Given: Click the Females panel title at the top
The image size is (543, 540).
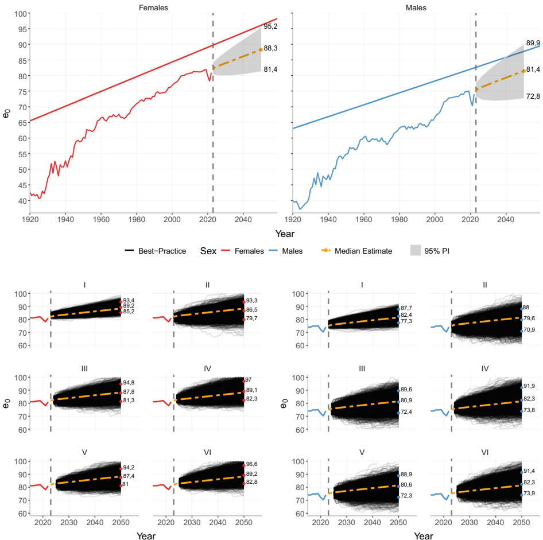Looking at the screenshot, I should click(x=153, y=7).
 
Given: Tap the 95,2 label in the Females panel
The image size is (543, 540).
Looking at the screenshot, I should click(x=270, y=26).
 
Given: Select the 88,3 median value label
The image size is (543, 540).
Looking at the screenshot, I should click(x=270, y=49).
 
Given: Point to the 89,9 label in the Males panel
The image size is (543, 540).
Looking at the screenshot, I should click(x=533, y=43).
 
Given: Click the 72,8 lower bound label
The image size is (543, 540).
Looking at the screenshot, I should click(x=533, y=97).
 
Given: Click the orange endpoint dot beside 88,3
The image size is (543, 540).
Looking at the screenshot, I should click(x=261, y=49).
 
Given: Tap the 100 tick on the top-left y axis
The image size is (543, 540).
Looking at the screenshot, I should click(x=19, y=13).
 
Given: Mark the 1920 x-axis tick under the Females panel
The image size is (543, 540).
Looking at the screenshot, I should click(x=30, y=219).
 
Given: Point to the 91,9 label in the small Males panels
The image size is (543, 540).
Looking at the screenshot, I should click(x=531, y=386).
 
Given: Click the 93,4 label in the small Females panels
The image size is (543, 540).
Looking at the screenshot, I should click(x=129, y=301).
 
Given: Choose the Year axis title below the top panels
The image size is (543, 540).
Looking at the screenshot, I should click(x=285, y=234).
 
